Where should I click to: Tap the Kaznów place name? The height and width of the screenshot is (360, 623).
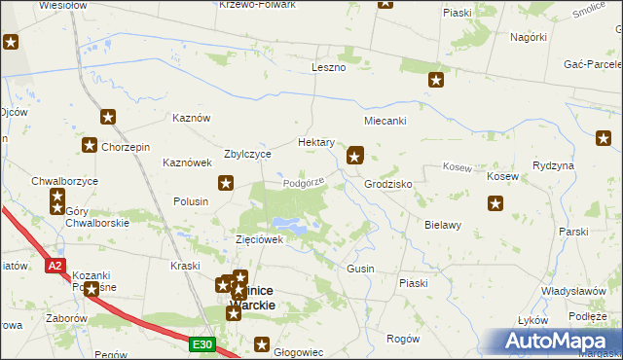coord(191,118)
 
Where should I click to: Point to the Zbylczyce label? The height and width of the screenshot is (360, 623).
coord(247,154)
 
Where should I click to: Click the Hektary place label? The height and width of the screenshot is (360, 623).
coord(316,142)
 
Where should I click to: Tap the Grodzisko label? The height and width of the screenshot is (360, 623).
coord(388,184)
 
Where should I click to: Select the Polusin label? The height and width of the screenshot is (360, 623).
coord(191,200)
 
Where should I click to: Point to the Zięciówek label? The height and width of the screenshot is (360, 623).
coord(259,239)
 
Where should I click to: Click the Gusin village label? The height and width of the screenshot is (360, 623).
coord(360,268)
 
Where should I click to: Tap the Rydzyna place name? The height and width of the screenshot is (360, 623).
coord(554,165)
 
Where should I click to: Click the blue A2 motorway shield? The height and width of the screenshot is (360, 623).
coord(55,265)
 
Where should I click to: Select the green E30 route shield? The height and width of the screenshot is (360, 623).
coord(202,344)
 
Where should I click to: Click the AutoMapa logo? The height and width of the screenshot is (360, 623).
coord(556,341)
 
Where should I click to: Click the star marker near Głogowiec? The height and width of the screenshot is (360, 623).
coord(261,342)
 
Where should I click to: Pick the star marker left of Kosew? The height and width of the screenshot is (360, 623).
coord(495,203)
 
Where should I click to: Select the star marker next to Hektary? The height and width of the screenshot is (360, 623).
coord(356,153)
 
